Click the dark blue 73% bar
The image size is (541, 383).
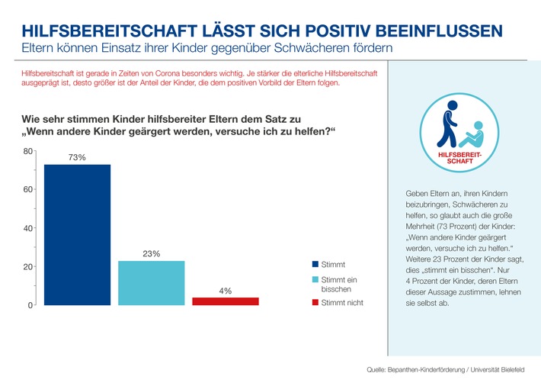point(77,234)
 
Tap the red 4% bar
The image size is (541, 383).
point(225,301)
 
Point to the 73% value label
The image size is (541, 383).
point(78,156)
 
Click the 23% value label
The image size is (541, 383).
point(151,253)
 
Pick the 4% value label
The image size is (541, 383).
point(225,291)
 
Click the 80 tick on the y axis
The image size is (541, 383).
point(27,151)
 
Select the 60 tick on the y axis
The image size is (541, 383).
point(27,190)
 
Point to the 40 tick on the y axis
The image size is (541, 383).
point(27,228)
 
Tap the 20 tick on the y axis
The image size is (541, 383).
point(27,267)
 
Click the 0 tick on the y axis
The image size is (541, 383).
point(30,305)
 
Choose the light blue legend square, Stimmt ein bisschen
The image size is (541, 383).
point(315,280)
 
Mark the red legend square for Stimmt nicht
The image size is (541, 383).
point(315,303)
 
